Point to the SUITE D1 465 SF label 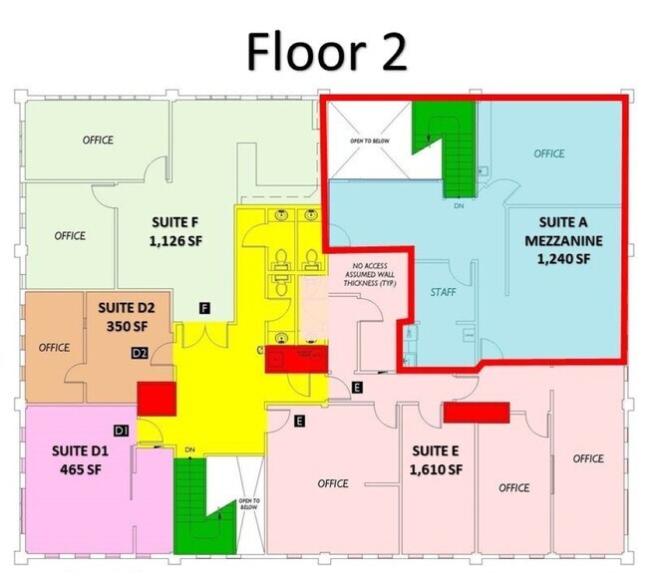[77, 459]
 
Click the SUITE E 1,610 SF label [437, 458]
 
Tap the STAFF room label [443, 293]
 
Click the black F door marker [204, 306]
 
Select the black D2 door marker [141, 352]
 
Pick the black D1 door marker [122, 431]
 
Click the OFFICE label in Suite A [548, 153]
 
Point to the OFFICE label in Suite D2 [54, 347]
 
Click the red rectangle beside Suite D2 [156, 398]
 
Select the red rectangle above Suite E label [476, 411]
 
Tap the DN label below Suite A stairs [459, 206]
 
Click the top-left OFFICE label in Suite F [98, 141]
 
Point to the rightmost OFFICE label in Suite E [588, 458]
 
